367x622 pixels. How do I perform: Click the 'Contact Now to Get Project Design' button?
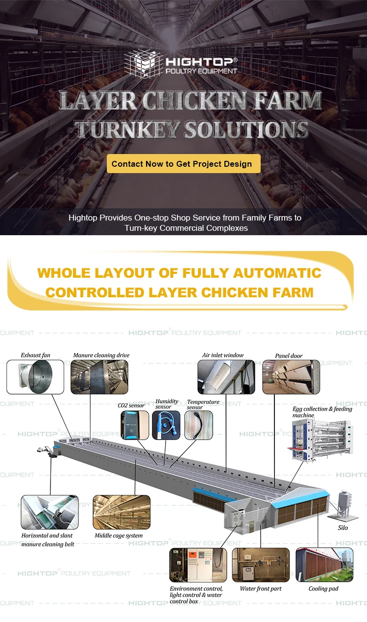[x=184, y=163]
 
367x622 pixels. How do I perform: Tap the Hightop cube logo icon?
[x=143, y=64]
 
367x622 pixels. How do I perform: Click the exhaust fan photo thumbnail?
[x=35, y=377]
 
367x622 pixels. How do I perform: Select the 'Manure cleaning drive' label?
[x=101, y=355]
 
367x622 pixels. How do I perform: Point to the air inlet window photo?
[x=226, y=377]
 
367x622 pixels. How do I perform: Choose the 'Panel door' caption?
[x=289, y=355]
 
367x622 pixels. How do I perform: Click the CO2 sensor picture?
[x=135, y=425]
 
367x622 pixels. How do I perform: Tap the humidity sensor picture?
[x=166, y=425]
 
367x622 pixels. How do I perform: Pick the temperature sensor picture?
[x=198, y=425]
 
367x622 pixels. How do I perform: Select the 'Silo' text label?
[x=343, y=528]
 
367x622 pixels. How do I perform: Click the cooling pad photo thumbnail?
[x=324, y=564]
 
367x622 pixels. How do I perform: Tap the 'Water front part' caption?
[x=261, y=588]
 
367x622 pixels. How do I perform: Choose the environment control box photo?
[x=198, y=565]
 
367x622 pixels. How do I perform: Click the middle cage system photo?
[x=122, y=512]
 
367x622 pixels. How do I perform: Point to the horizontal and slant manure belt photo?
[x=50, y=512]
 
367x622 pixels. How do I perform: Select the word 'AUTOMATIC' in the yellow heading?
[x=277, y=273]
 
